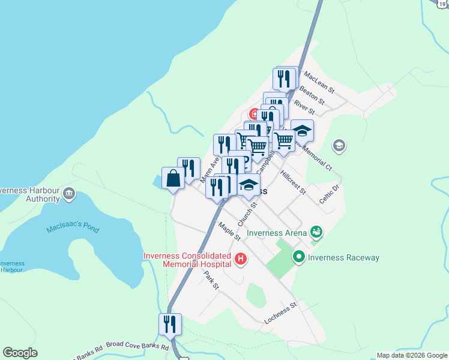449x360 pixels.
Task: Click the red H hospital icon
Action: pos(241,259)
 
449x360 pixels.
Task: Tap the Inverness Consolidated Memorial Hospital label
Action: pos(187,260)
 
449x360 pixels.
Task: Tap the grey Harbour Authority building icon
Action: pos(68,194)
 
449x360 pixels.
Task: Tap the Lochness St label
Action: pos(281,314)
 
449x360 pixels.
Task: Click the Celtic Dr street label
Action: pos(330,194)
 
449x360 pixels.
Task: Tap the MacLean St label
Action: pos(318,81)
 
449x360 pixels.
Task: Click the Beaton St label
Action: pos(312,94)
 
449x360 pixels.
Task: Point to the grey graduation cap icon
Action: pos(339,145)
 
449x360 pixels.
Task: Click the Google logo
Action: pos(20,353)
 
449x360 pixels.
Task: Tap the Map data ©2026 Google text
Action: pos(412,355)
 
